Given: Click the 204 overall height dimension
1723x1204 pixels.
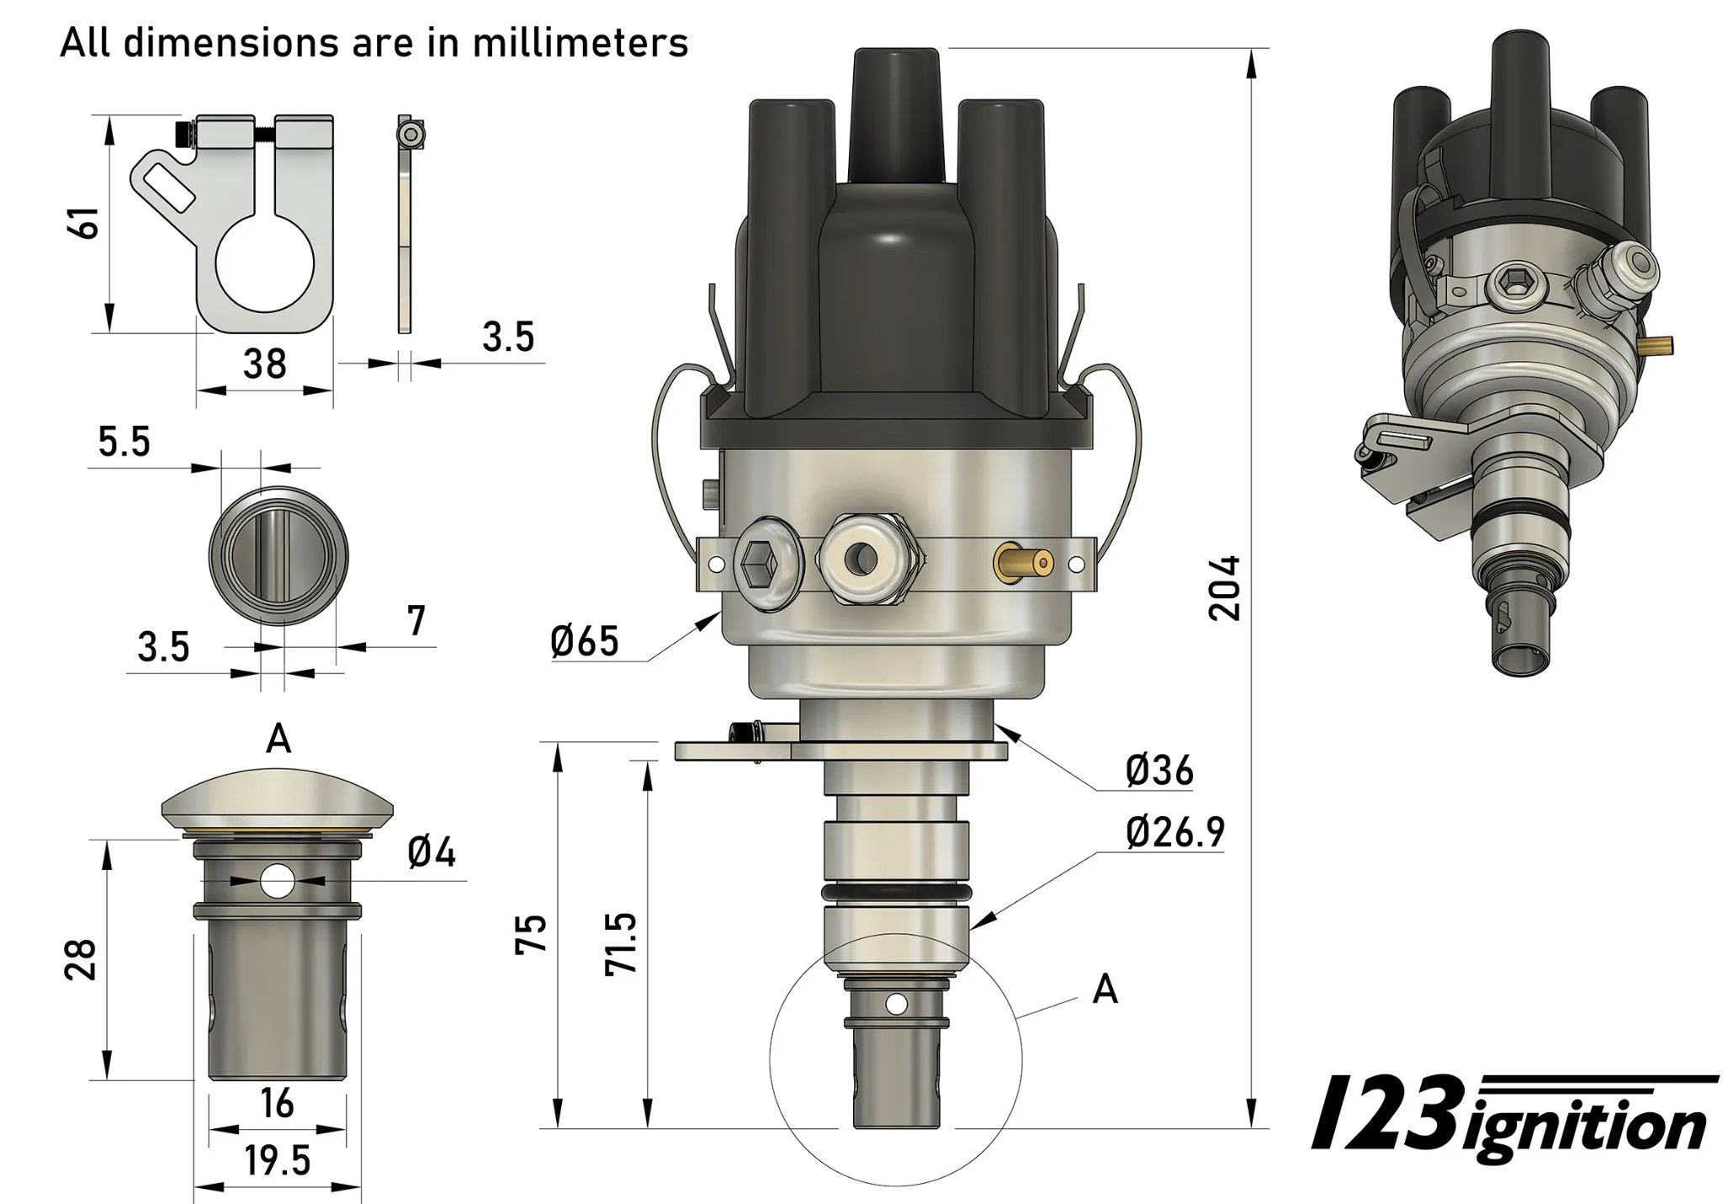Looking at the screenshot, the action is (x=1225, y=587).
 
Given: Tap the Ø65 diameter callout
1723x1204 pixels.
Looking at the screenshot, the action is (x=585, y=641).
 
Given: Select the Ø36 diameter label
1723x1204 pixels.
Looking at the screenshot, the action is (x=1160, y=770).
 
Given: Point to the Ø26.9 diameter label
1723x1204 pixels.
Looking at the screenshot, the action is (x=1175, y=832).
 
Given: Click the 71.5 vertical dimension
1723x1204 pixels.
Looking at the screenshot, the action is (x=621, y=943).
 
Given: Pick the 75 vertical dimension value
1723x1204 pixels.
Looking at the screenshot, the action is (x=532, y=934).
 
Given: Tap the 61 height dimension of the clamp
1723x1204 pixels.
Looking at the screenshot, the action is (x=88, y=223).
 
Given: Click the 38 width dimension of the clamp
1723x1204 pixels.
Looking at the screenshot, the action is (x=264, y=363).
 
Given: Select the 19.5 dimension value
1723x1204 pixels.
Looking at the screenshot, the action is (x=278, y=1161).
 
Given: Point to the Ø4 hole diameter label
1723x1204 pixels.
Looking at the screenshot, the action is (x=432, y=853).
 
